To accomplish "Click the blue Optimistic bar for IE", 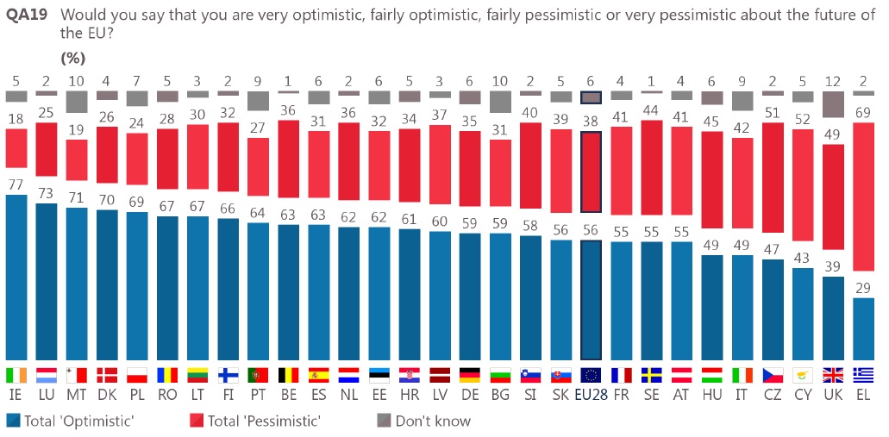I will pos(17,278).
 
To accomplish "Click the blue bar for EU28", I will pos(591,300).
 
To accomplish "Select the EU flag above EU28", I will pos(591,375).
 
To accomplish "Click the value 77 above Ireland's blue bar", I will pos(17,184).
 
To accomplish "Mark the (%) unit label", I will pos(74,58).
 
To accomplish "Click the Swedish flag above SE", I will pos(651,375).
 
